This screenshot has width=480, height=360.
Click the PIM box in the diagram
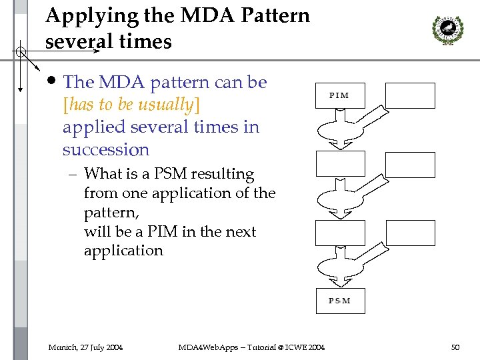point(340,95)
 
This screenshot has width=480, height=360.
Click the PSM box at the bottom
point(340,301)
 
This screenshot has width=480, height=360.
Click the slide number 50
point(455,347)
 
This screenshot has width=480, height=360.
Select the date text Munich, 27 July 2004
point(85,347)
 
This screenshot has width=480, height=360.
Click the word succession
point(105,149)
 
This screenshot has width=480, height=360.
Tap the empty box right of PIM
point(410,95)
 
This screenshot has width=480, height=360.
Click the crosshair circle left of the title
point(21,52)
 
